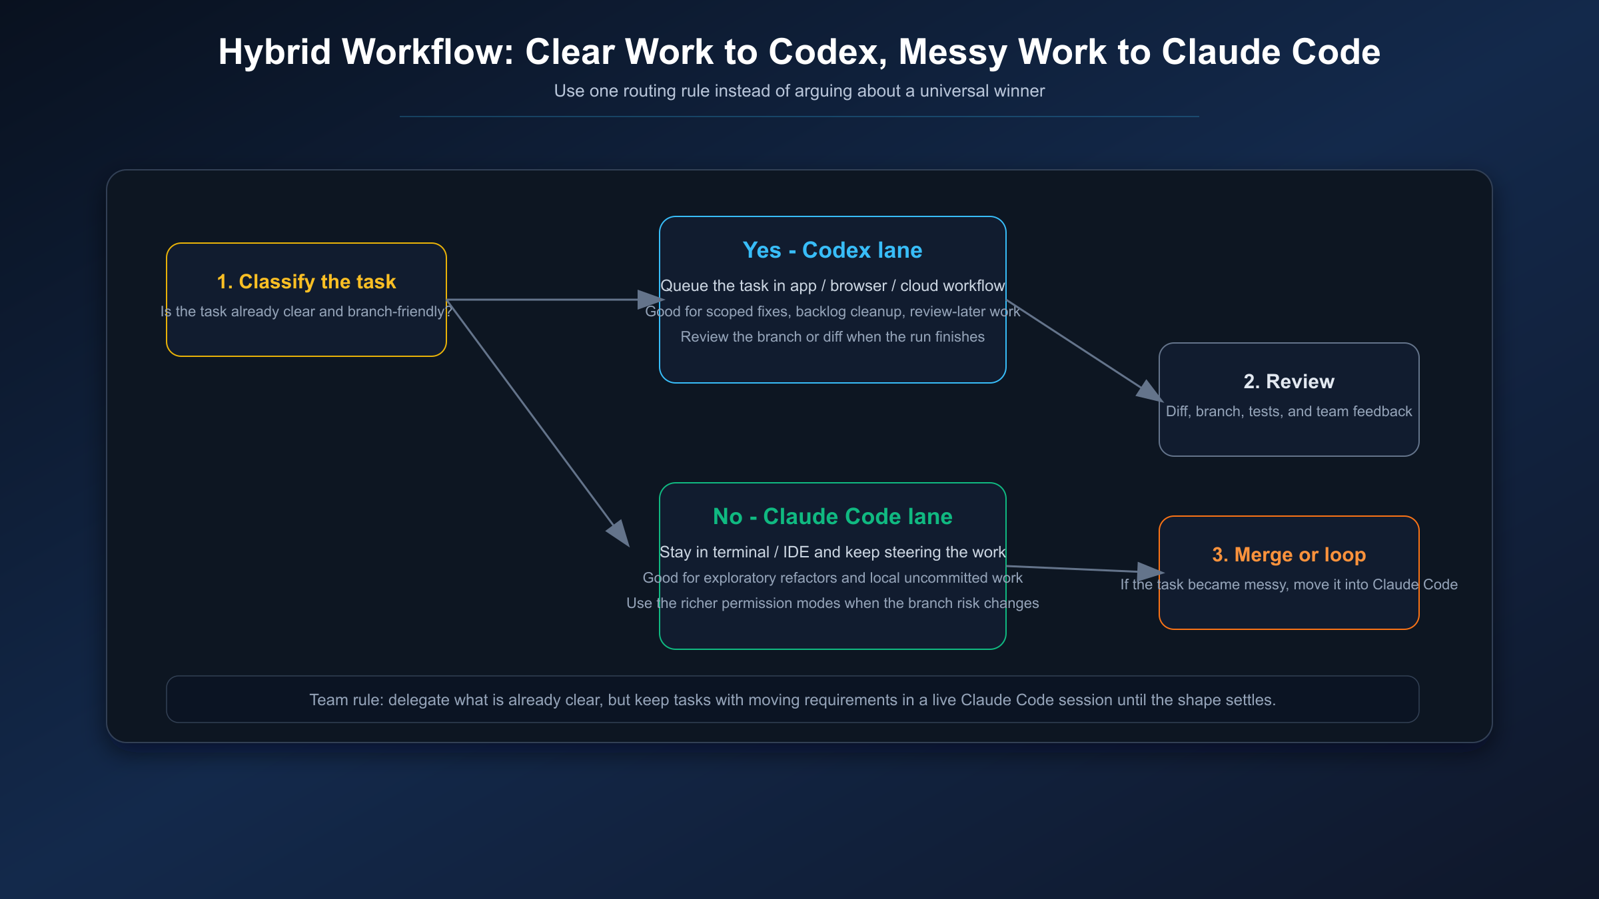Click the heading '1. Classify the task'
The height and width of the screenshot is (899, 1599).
coord(306,282)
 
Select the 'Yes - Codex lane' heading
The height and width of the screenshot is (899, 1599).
coord(832,250)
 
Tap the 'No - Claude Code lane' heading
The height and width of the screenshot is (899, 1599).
coord(832,517)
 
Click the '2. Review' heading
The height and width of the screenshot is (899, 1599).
coord(1289,382)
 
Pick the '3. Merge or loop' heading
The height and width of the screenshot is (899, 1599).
coord(1289,555)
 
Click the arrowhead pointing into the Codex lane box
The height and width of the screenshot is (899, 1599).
coord(650,300)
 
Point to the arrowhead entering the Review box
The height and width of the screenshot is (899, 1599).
coord(1149,392)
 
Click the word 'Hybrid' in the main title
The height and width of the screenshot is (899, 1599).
coord(274,52)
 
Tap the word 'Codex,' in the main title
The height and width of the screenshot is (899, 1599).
coord(827,52)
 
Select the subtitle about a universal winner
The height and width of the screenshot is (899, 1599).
coord(799,91)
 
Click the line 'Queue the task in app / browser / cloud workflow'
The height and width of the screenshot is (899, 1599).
coord(832,286)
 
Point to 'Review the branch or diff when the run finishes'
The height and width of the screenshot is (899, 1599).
coord(832,337)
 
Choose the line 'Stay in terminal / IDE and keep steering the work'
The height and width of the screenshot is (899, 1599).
coord(832,552)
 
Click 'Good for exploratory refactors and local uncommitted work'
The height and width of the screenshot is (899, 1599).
coord(832,578)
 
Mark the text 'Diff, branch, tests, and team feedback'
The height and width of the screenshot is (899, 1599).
coord(1289,412)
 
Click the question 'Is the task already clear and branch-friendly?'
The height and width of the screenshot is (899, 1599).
coord(306,312)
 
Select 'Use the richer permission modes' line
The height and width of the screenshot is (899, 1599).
coord(832,603)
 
